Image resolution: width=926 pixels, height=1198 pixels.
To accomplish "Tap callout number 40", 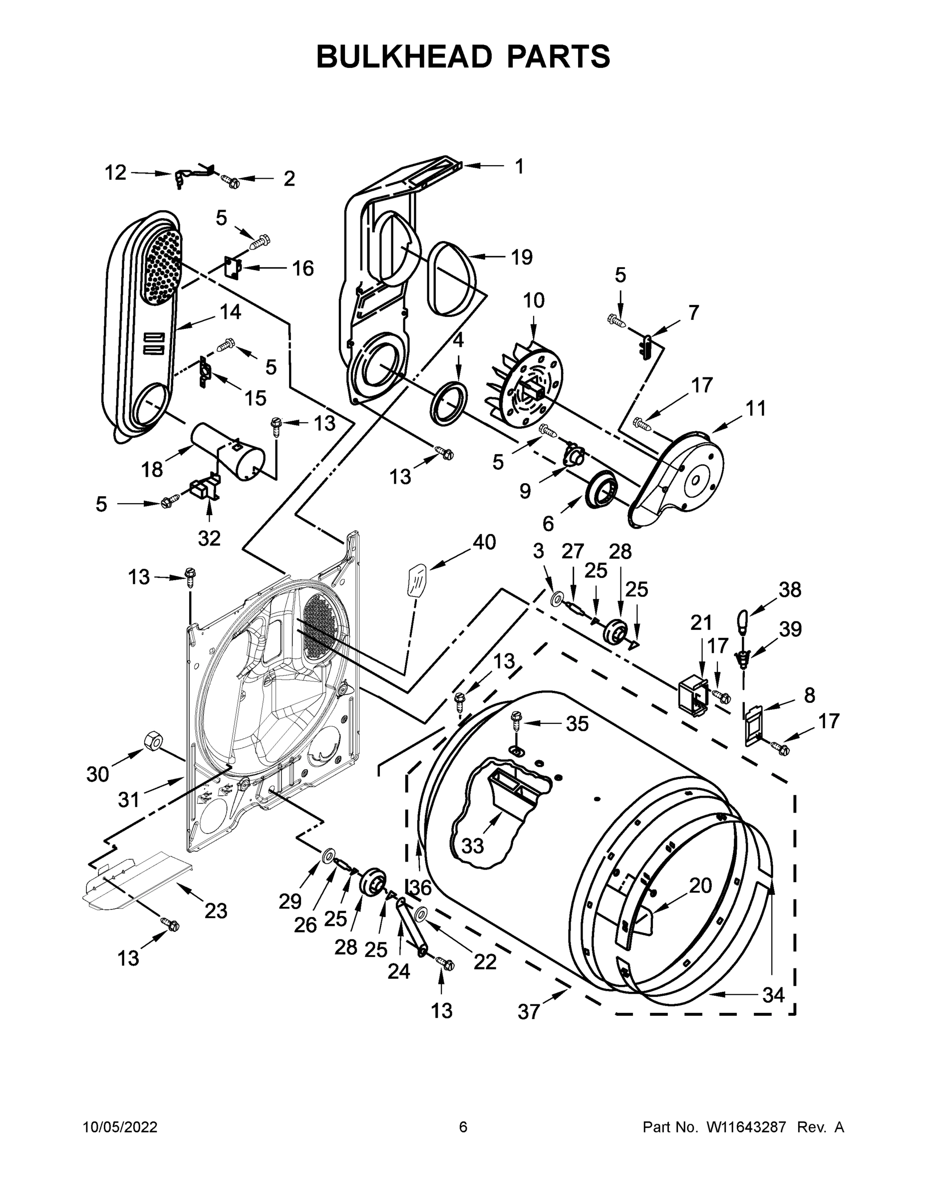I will point(484,542).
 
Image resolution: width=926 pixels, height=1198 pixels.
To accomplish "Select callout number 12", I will point(115,173).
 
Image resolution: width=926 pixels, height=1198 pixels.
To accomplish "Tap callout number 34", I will point(773,994).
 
